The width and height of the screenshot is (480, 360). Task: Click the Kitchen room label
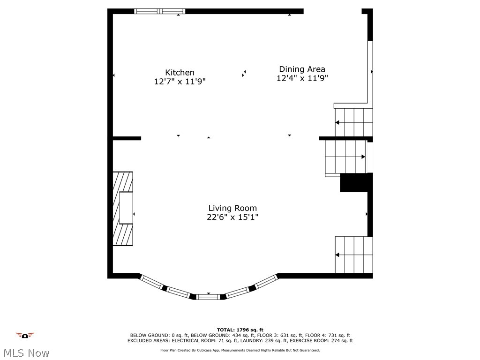pyautogui.click(x=180, y=72)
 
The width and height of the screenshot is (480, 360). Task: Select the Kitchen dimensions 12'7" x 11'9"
pyautogui.click(x=180, y=82)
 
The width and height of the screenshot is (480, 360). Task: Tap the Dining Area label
pyautogui.click(x=302, y=69)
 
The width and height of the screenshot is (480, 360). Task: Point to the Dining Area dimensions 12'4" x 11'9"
pyautogui.click(x=302, y=78)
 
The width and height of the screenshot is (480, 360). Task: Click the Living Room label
pyautogui.click(x=232, y=208)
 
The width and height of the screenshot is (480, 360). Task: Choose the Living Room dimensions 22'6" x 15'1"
pyautogui.click(x=232, y=217)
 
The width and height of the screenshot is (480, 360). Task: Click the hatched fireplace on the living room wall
pyautogui.click(x=122, y=209)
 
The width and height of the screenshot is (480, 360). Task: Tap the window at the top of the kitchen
pyautogui.click(x=159, y=11)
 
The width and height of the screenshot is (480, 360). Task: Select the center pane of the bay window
pyautogui.click(x=208, y=296)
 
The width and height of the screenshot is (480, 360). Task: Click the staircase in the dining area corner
pyautogui.click(x=353, y=122)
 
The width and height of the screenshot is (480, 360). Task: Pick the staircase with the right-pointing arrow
pyautogui.click(x=346, y=157)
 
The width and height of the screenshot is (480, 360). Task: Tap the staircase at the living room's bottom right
pyautogui.click(x=353, y=255)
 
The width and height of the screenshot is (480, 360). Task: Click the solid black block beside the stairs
pyautogui.click(x=355, y=182)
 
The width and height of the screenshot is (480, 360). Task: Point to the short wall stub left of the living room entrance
pyautogui.click(x=127, y=138)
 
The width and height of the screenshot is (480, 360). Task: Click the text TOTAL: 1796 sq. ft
pyautogui.click(x=240, y=330)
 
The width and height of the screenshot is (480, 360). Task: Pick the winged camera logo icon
pyautogui.click(x=25, y=335)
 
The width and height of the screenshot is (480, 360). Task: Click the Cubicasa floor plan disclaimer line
pyautogui.click(x=240, y=350)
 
